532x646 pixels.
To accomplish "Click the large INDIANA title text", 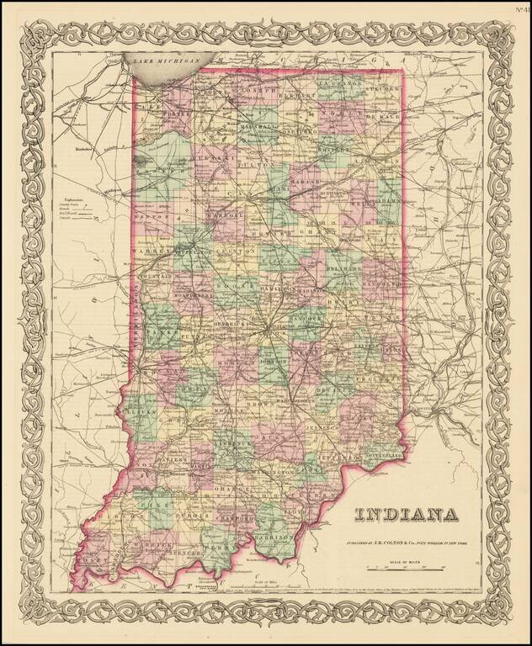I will coord(406,514).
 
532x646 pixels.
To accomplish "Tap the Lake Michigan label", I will coord(165,61).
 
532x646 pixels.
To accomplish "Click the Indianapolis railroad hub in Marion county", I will coord(270,331).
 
